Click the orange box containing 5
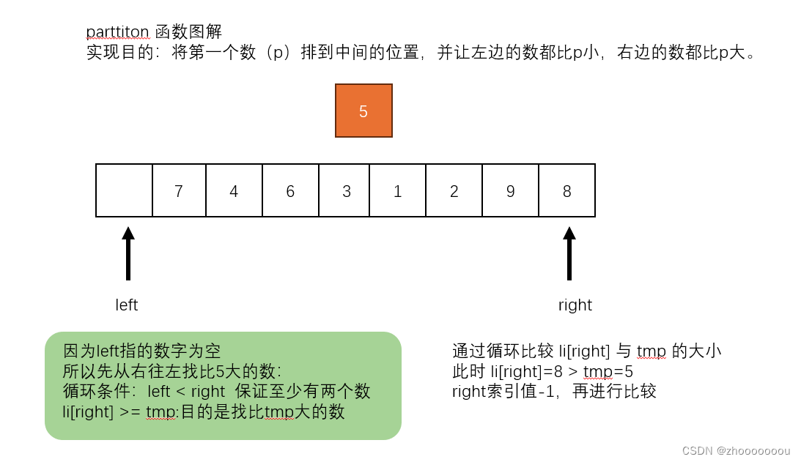click(363, 111)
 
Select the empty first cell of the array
click(124, 190)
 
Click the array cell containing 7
click(179, 190)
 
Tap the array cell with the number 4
click(234, 190)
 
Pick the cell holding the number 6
click(290, 190)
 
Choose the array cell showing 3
click(346, 190)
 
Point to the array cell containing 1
click(398, 190)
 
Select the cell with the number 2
click(454, 190)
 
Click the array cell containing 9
click(511, 190)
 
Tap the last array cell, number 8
click(566, 190)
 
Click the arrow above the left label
click(128, 253)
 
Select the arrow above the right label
click(569, 253)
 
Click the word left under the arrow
click(127, 305)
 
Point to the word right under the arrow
click(575, 305)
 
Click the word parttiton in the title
click(118, 31)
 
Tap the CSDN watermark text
click(736, 450)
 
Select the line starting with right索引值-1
click(554, 391)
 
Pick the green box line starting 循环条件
click(217, 392)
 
